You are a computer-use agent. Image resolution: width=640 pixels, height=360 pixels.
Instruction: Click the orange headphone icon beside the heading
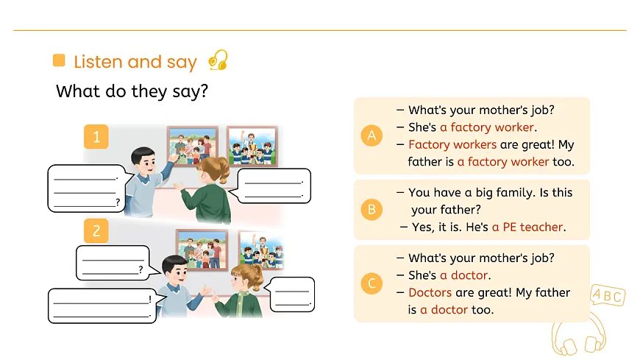click(218, 60)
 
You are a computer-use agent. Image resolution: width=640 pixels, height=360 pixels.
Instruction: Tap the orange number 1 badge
click(96, 136)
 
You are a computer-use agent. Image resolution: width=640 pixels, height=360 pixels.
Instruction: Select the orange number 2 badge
click(96, 230)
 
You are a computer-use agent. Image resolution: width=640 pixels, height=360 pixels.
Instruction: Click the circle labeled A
click(371, 135)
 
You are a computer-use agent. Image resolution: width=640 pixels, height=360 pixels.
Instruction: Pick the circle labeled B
click(371, 209)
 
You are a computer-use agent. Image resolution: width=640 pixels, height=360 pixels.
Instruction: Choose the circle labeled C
click(371, 283)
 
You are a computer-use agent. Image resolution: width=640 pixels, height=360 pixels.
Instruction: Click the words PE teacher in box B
click(533, 227)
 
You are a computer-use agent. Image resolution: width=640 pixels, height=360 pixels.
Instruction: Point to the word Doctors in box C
click(430, 292)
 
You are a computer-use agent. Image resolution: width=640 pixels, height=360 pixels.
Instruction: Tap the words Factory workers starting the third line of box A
click(452, 144)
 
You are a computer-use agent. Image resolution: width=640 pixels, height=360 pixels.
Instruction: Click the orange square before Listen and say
click(59, 60)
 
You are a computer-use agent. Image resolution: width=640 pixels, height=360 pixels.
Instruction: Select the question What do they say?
click(132, 91)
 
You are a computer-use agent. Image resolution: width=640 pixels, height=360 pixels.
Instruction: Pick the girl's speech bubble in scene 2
click(291, 294)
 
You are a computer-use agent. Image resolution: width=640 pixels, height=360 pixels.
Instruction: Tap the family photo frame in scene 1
click(192, 147)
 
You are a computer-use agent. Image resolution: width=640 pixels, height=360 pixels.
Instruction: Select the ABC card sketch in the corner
click(608, 294)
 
